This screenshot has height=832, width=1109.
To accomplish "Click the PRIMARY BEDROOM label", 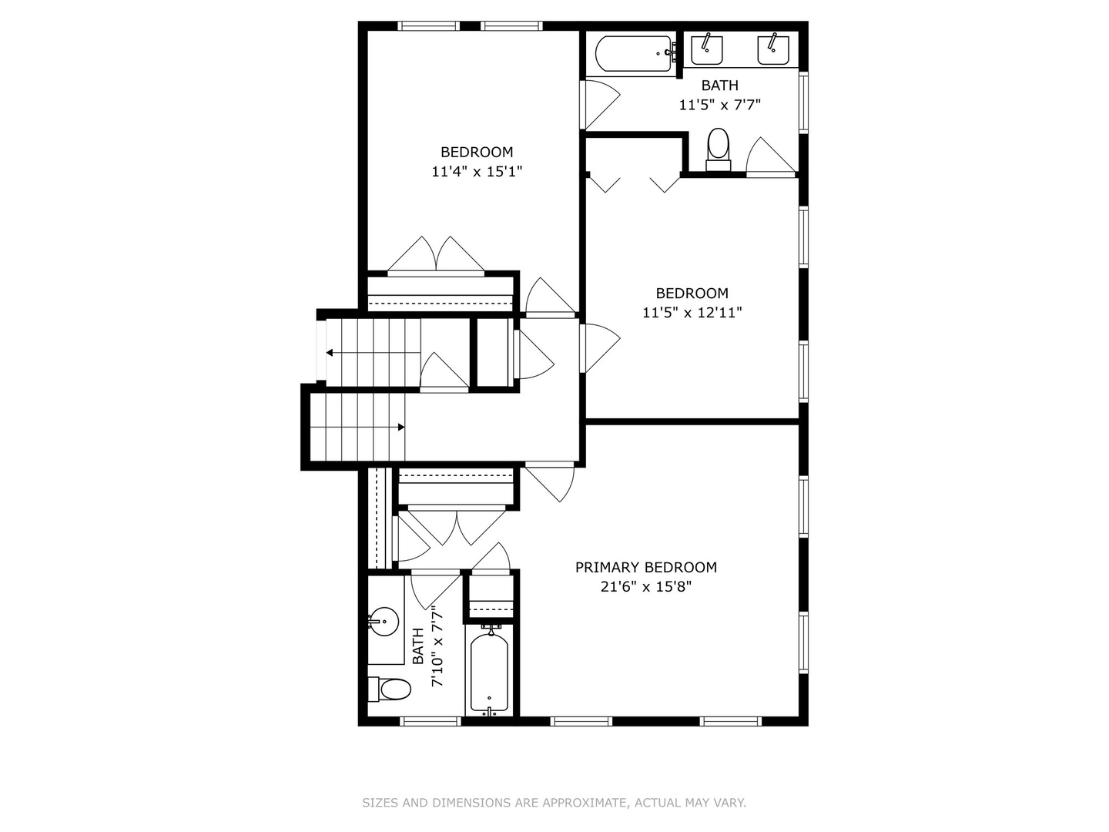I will [645, 567].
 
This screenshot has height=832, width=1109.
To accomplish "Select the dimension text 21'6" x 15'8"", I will [645, 587].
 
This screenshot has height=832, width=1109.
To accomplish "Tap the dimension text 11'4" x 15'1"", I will [477, 172].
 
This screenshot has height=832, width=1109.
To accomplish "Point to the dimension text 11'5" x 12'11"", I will [692, 313].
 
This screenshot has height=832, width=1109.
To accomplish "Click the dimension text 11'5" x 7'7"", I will [719, 105].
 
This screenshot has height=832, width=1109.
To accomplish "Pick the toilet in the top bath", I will [718, 147].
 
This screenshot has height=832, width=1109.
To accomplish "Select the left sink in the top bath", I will [706, 50].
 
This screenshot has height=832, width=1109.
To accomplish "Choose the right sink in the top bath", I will [773, 50].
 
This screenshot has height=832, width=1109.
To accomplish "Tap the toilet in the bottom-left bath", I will [390, 689].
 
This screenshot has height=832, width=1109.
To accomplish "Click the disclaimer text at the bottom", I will [554, 803].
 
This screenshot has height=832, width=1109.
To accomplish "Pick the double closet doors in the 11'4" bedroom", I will [437, 257].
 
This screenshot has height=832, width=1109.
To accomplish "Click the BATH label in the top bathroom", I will [719, 86].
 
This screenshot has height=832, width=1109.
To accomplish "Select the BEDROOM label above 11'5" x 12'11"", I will [692, 293].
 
